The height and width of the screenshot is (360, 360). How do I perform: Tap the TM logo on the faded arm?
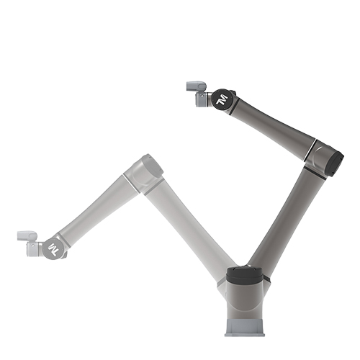coord(53,249)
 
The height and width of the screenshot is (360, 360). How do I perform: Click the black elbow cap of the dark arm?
coord(336,164)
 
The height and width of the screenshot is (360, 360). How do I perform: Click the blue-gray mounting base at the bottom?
coord(245,328)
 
